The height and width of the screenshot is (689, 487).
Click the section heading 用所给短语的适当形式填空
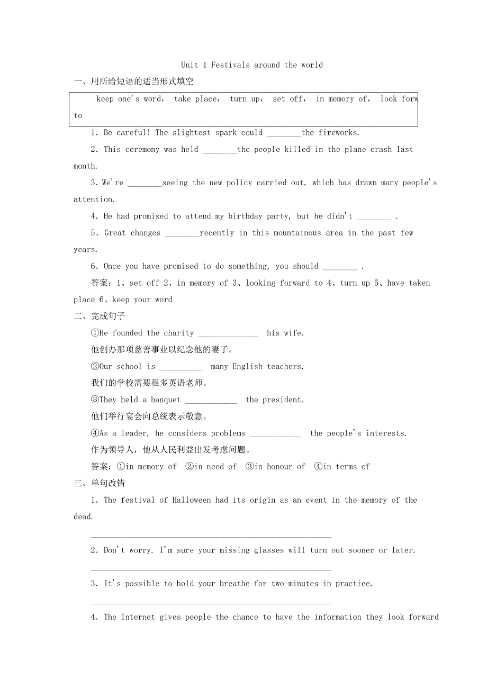(142, 81)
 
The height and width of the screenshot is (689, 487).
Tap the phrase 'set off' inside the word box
(288, 99)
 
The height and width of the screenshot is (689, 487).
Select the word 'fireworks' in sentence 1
(338, 133)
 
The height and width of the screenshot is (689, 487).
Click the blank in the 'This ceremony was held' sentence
(220, 150)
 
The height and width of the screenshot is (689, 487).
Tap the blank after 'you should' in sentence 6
(339, 267)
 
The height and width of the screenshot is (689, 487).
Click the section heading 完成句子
(108, 316)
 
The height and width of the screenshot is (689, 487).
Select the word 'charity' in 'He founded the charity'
(179, 333)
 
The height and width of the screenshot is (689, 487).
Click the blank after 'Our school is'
(181, 367)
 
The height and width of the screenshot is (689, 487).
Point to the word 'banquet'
(166, 400)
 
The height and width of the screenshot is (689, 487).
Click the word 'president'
(282, 400)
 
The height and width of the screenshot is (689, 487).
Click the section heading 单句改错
(108, 483)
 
